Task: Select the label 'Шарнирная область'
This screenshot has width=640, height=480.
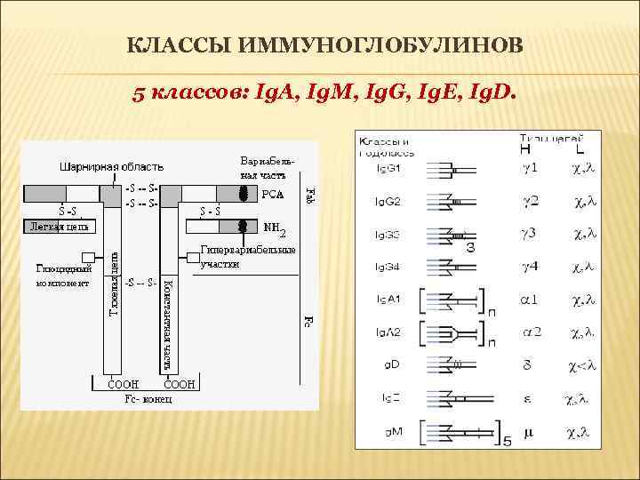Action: (111, 166)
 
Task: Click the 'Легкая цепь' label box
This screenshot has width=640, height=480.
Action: (59, 227)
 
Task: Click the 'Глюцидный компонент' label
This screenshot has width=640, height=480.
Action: (64, 276)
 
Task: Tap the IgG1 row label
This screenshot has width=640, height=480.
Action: (388, 167)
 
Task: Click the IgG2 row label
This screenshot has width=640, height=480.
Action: (388, 202)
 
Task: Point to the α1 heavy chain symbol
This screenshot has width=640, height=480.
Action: (530, 300)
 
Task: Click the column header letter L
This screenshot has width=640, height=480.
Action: (579, 149)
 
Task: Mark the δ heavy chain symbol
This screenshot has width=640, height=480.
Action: (528, 364)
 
